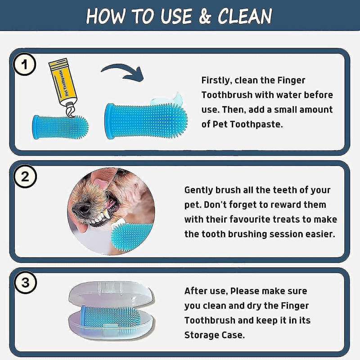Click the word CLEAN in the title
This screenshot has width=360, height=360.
click(x=245, y=16)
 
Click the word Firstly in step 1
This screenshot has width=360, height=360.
click(x=217, y=80)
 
